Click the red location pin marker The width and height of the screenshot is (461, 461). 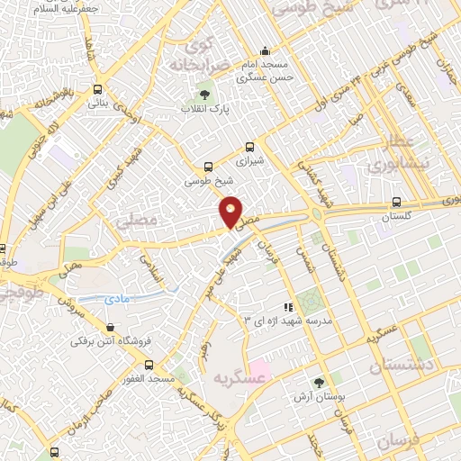pyautogui.click(x=231, y=212)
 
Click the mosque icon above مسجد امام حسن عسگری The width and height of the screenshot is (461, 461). pyautogui.click(x=264, y=50)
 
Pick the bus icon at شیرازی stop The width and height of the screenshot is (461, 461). pyautogui.click(x=249, y=147)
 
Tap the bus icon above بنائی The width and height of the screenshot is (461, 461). pyautogui.click(x=97, y=89)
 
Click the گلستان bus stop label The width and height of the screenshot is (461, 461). pyautogui.click(x=397, y=217)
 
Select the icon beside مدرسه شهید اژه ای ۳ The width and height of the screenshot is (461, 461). pyautogui.click(x=288, y=307)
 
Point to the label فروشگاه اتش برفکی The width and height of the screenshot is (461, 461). pyautogui.click(x=107, y=342)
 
